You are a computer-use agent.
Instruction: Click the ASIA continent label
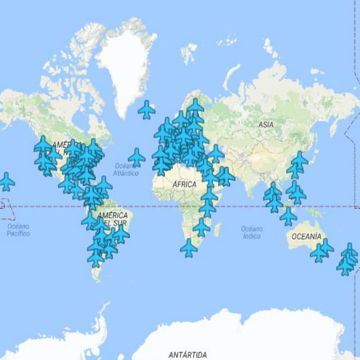pos(266,124)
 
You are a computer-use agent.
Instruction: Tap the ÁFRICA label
pos(184,184)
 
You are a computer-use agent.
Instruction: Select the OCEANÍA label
pos(306,237)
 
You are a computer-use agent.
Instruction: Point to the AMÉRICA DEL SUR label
pos(112,219)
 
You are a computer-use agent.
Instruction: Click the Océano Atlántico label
pos(126,169)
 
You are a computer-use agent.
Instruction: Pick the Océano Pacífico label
pos(18,230)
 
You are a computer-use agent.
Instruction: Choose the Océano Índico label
pos(251,232)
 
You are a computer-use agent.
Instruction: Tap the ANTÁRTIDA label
pos(187,354)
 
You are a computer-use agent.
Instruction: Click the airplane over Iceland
pos(147,109)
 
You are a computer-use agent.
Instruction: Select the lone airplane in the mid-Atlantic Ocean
pos(136,157)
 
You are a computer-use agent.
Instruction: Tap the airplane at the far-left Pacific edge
pos(6,181)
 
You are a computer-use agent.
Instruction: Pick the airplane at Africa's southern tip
pos(189,247)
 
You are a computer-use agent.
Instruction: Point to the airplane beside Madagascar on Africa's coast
pos(202,227)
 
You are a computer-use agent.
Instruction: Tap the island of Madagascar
pos(218,229)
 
